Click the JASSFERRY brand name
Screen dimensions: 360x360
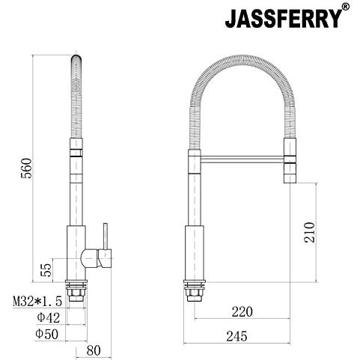point(284,19)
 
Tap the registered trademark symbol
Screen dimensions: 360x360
point(346,7)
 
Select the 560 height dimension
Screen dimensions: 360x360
point(27,168)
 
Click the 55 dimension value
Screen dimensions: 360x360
point(46,270)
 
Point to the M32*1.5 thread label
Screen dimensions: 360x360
point(37,302)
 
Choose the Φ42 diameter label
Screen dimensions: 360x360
point(49,318)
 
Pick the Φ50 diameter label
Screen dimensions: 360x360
point(47,334)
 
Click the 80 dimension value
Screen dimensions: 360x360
point(94,350)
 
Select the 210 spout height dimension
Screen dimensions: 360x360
point(309,232)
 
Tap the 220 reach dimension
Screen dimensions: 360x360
point(242,311)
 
